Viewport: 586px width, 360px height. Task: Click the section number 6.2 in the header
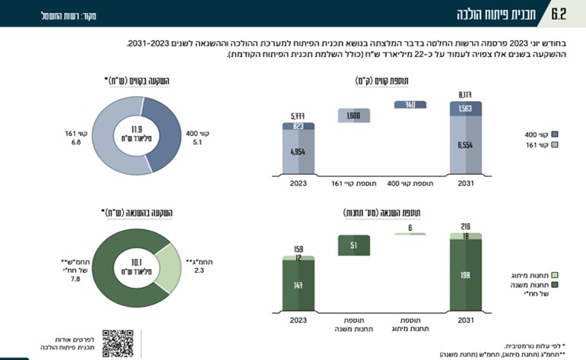click(x=558, y=14)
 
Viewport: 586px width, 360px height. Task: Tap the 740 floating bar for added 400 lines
click(x=410, y=105)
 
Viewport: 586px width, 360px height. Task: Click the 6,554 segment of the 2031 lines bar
click(x=465, y=145)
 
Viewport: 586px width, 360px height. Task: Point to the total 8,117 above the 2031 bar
click(x=465, y=94)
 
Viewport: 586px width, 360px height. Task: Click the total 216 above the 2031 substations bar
click(x=465, y=226)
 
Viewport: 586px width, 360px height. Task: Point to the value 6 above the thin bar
click(x=410, y=226)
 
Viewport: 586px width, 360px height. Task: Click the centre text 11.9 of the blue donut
click(x=137, y=129)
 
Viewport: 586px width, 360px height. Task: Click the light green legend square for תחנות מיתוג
click(x=555, y=275)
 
